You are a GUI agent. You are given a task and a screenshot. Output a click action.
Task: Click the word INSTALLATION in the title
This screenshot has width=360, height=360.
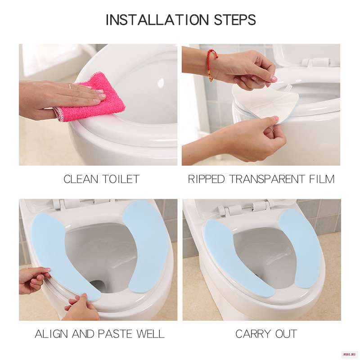[x=157, y=20]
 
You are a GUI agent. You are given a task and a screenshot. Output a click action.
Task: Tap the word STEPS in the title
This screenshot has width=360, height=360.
[x=235, y=20]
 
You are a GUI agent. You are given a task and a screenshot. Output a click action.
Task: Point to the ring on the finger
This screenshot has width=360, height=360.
[x=70, y=86]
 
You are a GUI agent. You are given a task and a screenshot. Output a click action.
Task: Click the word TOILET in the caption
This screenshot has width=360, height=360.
[x=121, y=179]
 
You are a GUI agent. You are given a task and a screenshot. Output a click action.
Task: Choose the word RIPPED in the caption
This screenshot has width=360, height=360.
[x=207, y=179]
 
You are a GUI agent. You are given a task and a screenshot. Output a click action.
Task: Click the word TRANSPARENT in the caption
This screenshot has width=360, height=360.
[x=267, y=179]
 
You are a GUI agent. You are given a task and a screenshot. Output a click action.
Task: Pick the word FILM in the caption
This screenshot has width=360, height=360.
[x=322, y=179]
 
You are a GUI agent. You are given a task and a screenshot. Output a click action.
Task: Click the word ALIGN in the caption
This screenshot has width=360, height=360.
[x=52, y=334]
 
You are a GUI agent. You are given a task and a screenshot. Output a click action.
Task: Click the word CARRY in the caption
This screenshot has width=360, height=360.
[x=253, y=334]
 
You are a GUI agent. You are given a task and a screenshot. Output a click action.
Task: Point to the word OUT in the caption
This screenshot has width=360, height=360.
[x=286, y=334]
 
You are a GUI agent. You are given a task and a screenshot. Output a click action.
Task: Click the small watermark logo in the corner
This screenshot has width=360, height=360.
[x=351, y=355]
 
